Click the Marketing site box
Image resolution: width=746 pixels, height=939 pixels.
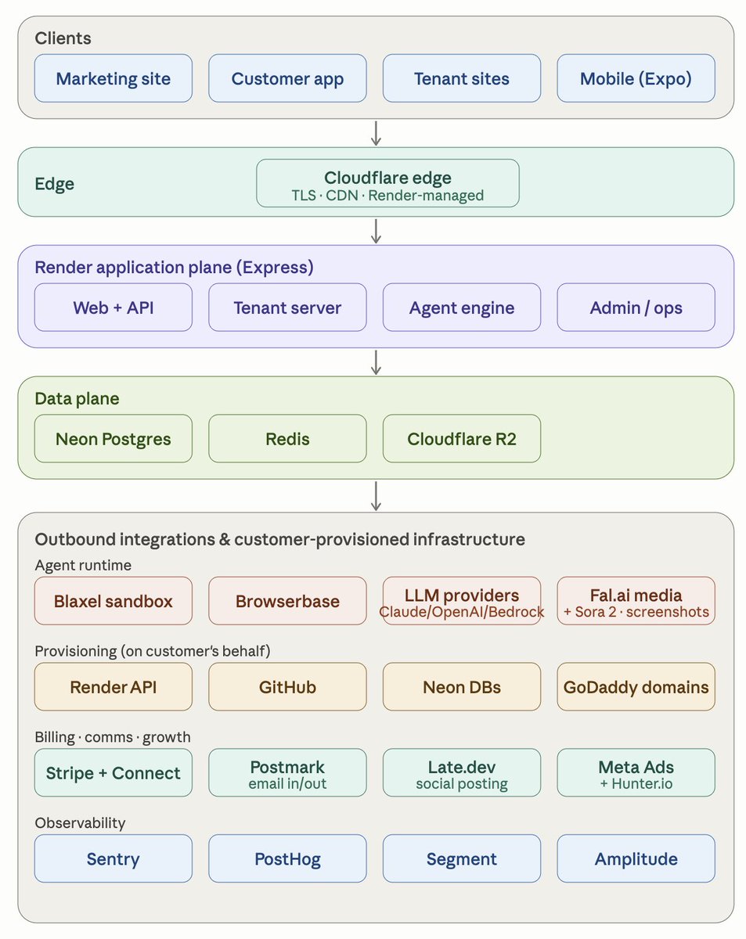113,78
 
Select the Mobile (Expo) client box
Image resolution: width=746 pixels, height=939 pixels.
636,78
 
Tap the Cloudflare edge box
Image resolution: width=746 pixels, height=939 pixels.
387,183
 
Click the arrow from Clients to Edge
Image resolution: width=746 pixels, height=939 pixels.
376,133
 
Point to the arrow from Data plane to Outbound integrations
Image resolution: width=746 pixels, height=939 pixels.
376,495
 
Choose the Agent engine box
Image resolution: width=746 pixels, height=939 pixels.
461,308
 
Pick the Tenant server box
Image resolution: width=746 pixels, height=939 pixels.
287,308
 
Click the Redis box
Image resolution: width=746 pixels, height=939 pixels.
287,438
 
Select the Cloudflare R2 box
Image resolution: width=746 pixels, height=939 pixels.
461,438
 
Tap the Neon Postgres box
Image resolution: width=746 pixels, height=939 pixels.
113,438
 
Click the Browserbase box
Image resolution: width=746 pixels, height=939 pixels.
287,601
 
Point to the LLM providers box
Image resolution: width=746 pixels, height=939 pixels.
461,601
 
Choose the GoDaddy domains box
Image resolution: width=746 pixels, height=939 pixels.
636,687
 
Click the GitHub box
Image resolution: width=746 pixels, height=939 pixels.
287,687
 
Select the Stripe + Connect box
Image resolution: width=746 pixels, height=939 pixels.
113,773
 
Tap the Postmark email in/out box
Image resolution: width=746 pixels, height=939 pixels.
287,773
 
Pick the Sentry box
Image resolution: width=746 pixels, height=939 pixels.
113,858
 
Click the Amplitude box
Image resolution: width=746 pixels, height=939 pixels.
636,858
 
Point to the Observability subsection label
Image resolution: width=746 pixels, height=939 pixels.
80,823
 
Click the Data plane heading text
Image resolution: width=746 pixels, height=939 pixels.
77,398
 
